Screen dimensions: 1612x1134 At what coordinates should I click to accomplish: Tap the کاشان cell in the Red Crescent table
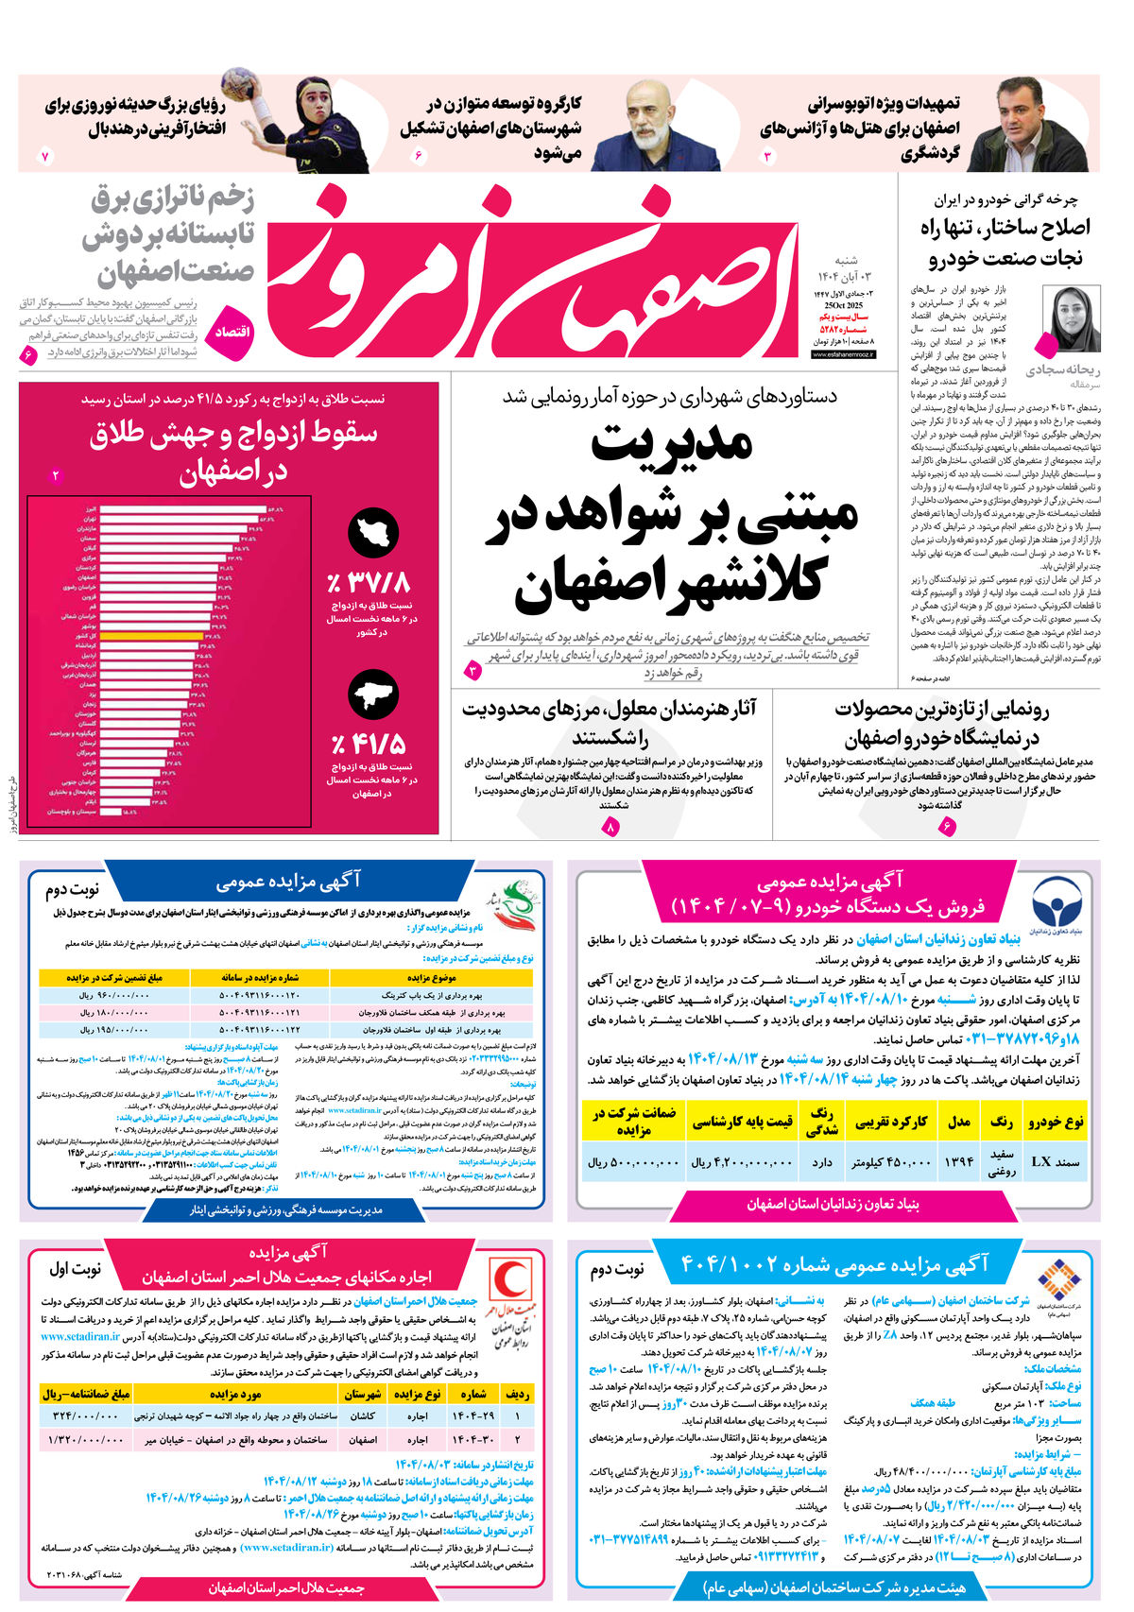362,1416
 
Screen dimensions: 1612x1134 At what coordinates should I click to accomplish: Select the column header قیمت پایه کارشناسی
743,1122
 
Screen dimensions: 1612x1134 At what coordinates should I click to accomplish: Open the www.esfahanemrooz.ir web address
844,354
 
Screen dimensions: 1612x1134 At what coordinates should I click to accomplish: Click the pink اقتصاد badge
232,332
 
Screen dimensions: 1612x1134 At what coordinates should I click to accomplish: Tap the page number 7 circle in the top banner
44,157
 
